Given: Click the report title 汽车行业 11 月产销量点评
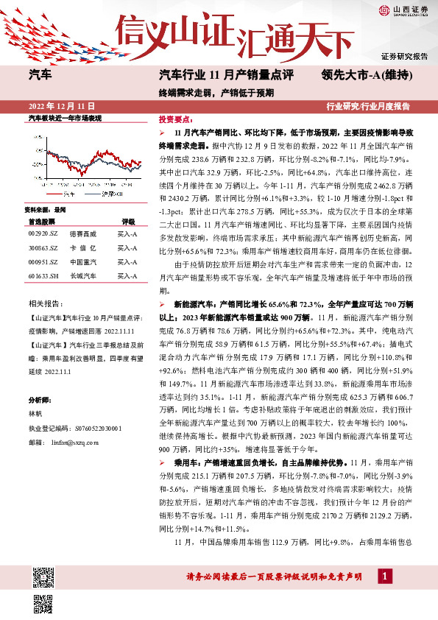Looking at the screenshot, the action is (226, 75).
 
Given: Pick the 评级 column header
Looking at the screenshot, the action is (129, 221).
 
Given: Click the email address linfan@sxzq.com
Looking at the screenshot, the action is (77, 443).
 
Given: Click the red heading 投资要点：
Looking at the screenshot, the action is (174, 119).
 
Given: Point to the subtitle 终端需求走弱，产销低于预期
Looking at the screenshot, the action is (216, 93).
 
